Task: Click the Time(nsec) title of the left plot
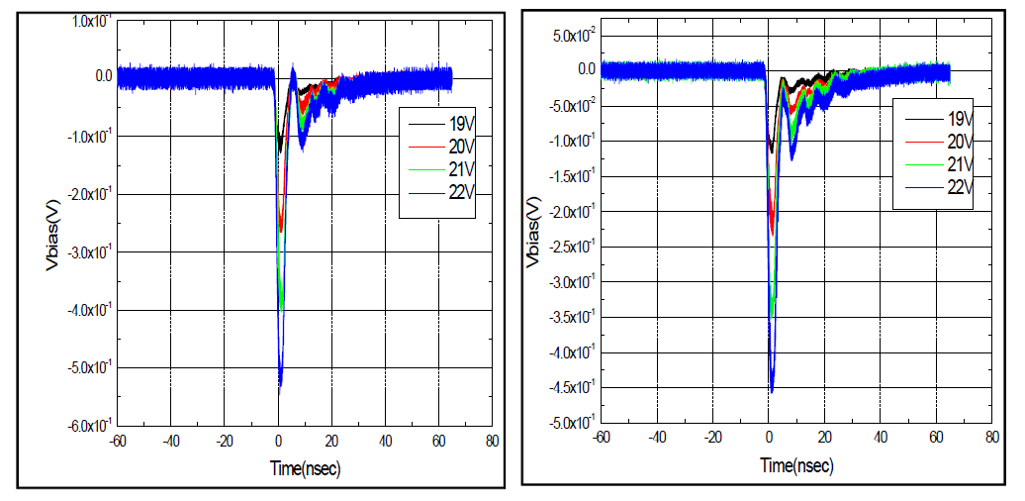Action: coord(306,469)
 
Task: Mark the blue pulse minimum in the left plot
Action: coord(281,389)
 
